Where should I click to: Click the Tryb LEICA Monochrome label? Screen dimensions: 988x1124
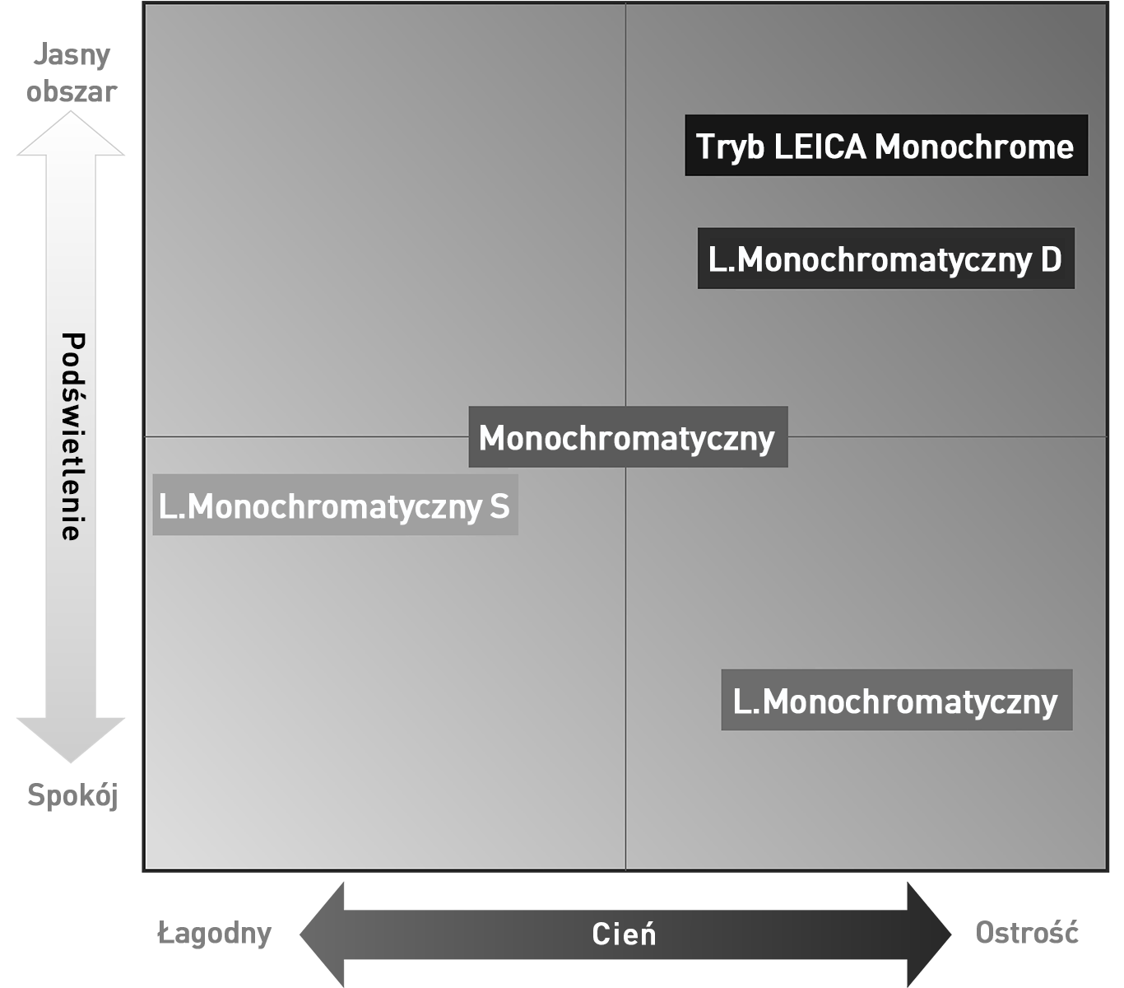tap(885, 146)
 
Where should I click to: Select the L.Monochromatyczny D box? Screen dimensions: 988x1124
tap(885, 259)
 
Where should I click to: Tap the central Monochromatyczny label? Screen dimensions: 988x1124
tap(627, 437)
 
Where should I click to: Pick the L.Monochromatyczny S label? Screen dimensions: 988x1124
tap(334, 505)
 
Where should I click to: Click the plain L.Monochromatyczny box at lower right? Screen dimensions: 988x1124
tap(895, 701)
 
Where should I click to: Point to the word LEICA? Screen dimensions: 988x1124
tap(820, 147)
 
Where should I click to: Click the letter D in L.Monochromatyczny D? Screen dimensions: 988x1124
tap(1051, 259)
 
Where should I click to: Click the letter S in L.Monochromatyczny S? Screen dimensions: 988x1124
tap(499, 506)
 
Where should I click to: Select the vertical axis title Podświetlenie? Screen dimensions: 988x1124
tap(73, 436)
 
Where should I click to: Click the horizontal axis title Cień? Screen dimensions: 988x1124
tap(624, 934)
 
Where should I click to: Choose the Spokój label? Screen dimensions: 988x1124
tap(73, 795)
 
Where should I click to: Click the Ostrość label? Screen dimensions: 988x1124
tap(1026, 933)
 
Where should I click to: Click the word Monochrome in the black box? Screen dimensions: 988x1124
tap(974, 147)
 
